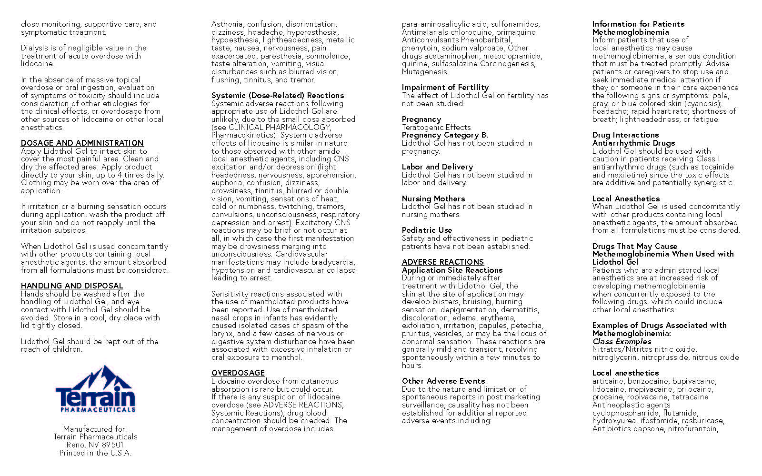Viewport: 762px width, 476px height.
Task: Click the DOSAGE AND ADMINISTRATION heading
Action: [82, 143]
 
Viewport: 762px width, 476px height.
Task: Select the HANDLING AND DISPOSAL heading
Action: [72, 286]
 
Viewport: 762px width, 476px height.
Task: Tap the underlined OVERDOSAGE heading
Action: [238, 373]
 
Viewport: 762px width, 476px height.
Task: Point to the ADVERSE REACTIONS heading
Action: [442, 262]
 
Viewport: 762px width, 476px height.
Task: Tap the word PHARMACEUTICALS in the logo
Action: [98, 409]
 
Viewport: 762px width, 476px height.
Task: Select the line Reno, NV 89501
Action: [95, 445]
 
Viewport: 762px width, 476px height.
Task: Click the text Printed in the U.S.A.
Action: [95, 453]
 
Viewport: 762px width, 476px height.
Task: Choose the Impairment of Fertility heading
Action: [445, 87]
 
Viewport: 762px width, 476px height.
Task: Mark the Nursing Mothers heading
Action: [433, 198]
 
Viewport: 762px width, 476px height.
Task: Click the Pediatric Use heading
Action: [427, 230]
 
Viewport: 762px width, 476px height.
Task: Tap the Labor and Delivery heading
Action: [437, 167]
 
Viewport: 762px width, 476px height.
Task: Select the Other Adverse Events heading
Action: [443, 381]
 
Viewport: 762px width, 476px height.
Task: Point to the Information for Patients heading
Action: [638, 24]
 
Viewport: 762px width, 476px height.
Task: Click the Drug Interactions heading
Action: [625, 135]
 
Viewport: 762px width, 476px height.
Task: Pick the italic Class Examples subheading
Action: [622, 341]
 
